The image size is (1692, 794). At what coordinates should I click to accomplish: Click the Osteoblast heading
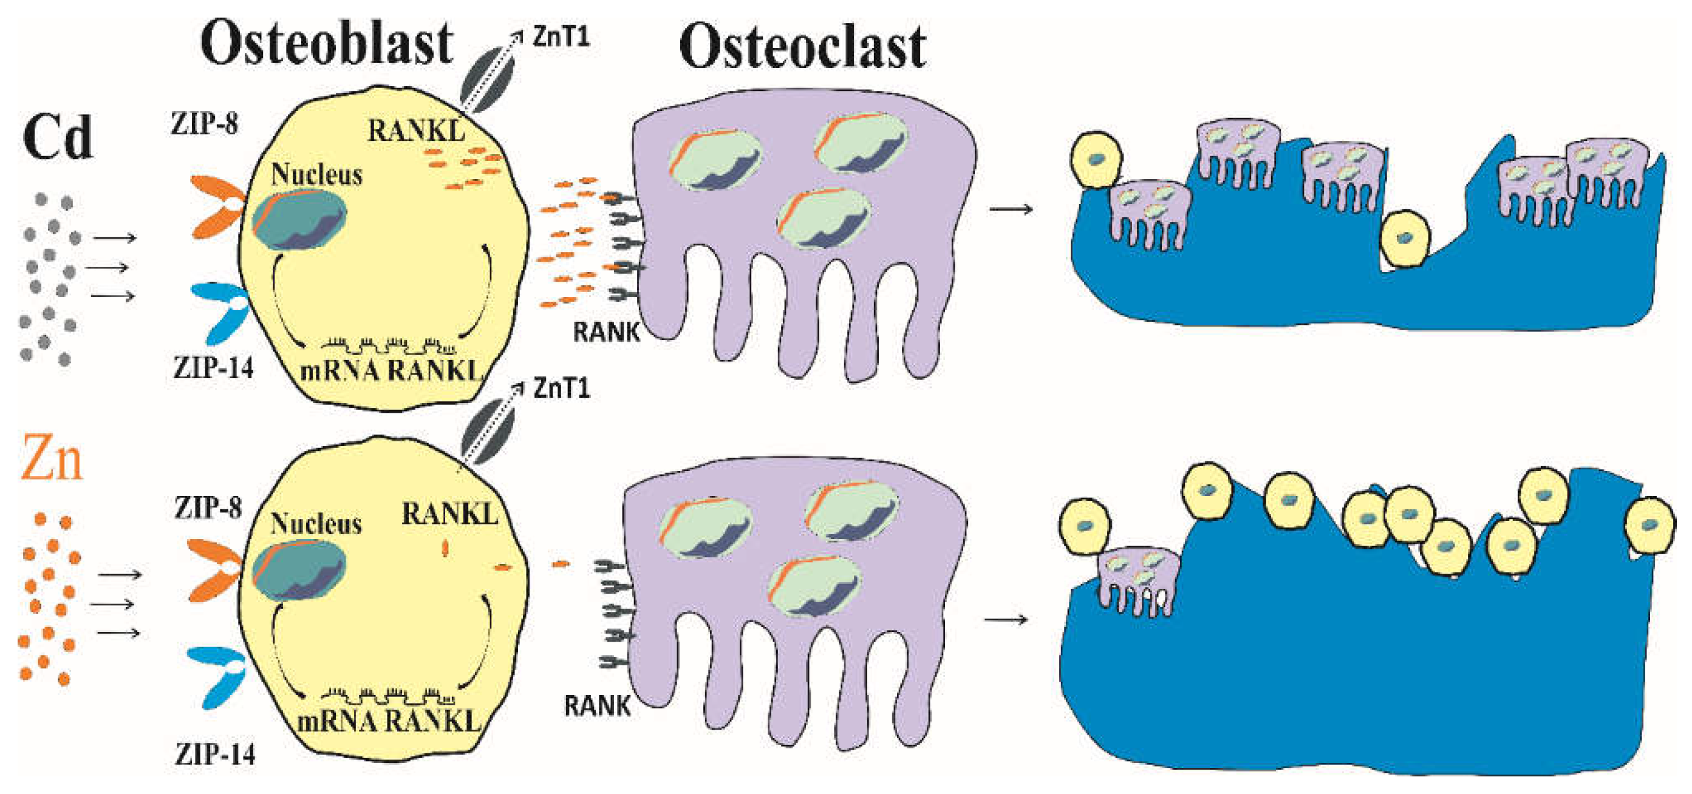click(x=327, y=43)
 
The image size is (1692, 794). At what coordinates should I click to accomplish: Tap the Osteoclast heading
click(x=802, y=47)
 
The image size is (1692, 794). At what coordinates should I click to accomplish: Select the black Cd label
click(x=58, y=137)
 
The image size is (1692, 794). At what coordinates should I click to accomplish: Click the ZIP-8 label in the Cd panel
click(x=204, y=123)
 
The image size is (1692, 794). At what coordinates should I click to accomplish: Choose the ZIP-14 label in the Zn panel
click(x=215, y=755)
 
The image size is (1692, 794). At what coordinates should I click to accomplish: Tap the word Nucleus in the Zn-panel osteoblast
click(x=316, y=524)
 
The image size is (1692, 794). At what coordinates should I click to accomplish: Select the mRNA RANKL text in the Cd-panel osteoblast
click(x=389, y=371)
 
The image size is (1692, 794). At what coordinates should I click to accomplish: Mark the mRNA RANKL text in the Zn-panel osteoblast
click(x=388, y=722)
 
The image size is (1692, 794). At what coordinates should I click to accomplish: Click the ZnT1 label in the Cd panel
click(x=561, y=37)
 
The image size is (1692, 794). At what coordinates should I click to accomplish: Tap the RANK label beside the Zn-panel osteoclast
click(x=597, y=707)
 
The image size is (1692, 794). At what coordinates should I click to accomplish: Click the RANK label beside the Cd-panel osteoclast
click(x=606, y=332)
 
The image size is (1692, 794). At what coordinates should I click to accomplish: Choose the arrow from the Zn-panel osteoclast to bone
click(x=1006, y=619)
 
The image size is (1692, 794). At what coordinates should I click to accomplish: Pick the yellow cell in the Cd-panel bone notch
click(x=1405, y=239)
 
